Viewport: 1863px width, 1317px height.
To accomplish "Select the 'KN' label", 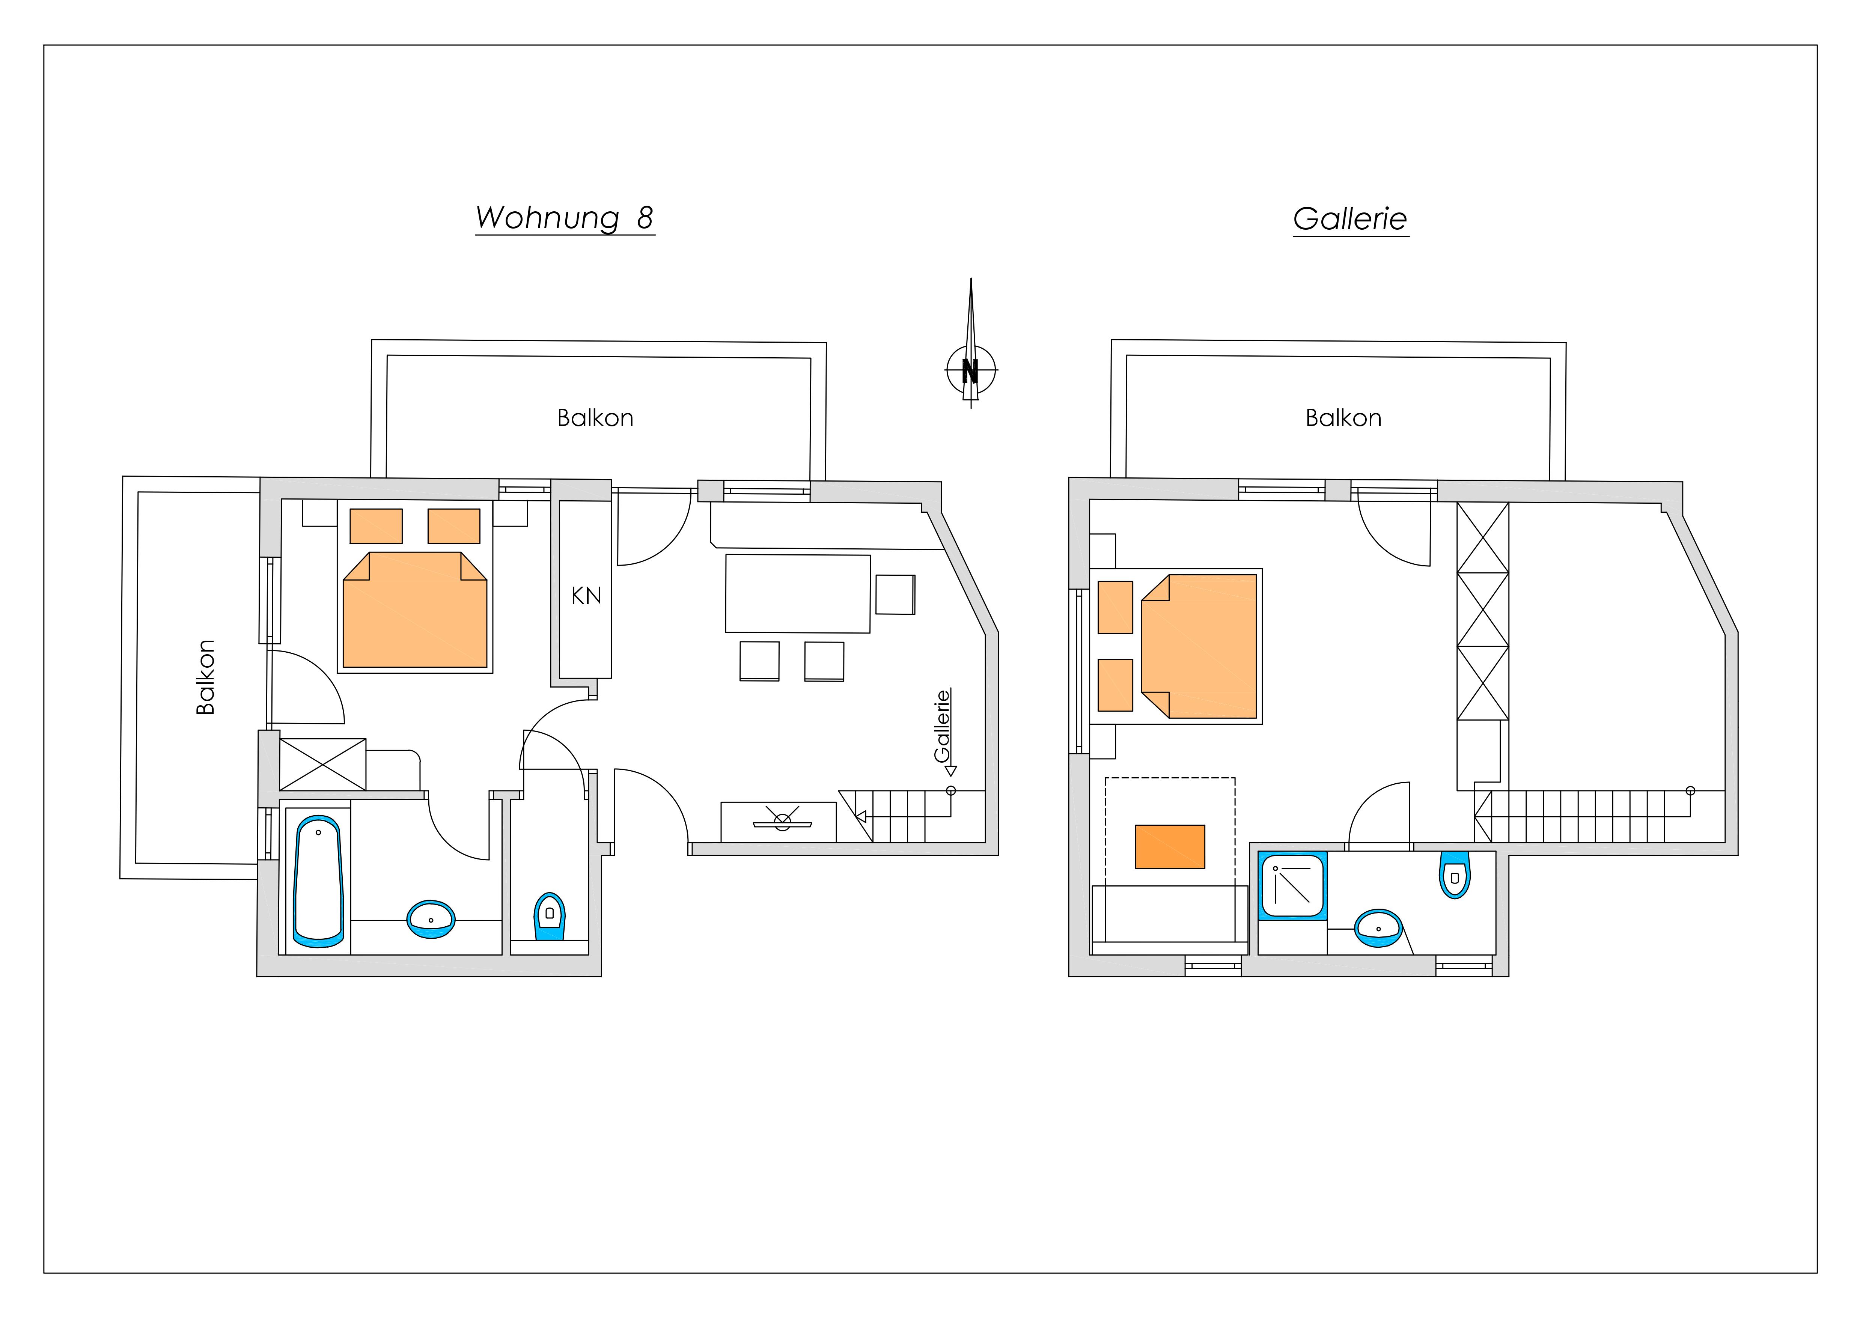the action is [586, 596].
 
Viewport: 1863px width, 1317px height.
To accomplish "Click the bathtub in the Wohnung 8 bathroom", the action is [318, 881].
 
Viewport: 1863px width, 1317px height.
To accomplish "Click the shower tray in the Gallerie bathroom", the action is [1292, 885].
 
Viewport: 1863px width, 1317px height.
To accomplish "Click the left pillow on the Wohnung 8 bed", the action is [376, 526].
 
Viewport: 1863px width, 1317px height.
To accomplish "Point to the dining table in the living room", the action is [798, 593].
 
